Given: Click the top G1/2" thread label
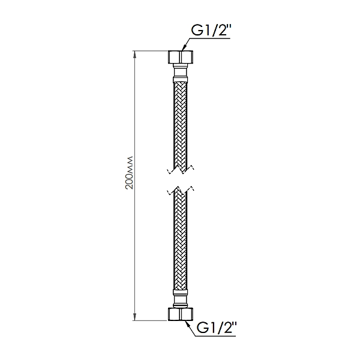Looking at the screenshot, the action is pos(211,31).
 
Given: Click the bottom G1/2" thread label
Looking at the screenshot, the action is pos(217,329).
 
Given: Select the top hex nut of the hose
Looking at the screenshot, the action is pos(181,58).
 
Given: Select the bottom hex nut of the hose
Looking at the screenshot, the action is pos(181,314).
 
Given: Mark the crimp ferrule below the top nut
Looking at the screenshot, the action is pos(181,80).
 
